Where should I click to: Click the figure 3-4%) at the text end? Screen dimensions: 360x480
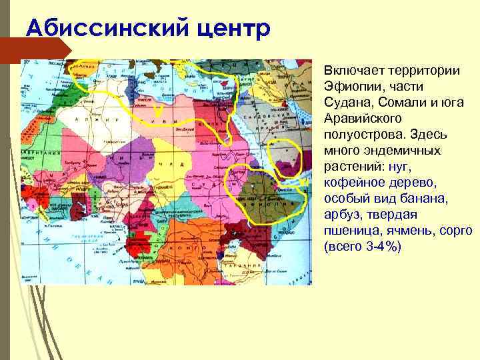coord(383,247)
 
